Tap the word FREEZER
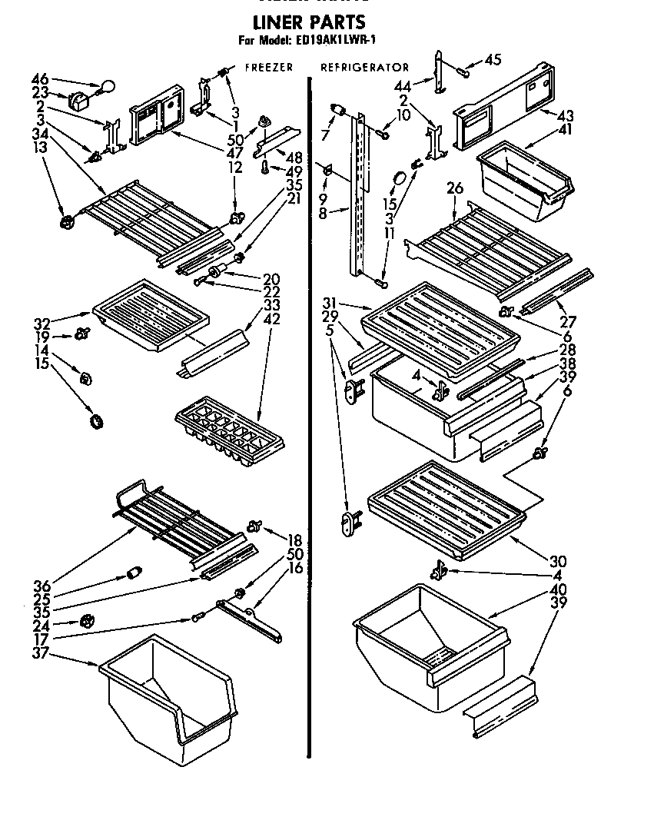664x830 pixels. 268,68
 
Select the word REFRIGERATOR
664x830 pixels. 364,68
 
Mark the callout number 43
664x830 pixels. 566,116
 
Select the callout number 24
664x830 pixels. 41,624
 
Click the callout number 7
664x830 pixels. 325,135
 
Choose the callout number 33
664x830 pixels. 271,304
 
